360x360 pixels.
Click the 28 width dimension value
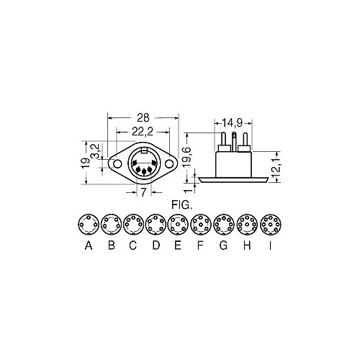click(x=143, y=118)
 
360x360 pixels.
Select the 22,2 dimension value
click(x=143, y=132)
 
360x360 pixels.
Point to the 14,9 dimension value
click(x=232, y=123)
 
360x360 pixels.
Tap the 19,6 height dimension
click(x=187, y=156)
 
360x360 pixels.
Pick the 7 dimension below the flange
click(x=143, y=192)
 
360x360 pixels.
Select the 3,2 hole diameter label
click(x=95, y=150)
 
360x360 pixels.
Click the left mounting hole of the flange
click(x=117, y=164)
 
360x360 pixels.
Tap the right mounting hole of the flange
click(x=169, y=164)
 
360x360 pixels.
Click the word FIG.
click(x=181, y=205)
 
